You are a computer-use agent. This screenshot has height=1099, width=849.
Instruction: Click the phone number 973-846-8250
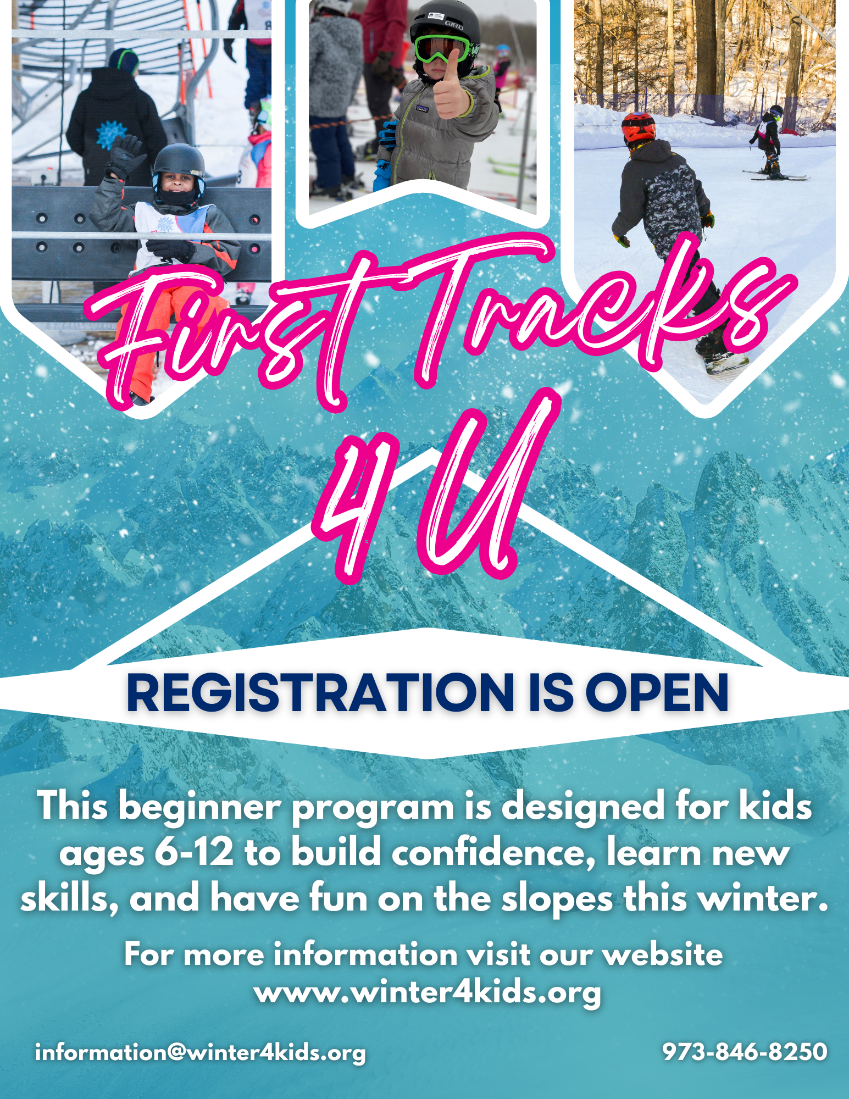(745, 1052)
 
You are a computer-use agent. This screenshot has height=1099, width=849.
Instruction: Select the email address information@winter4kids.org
(200, 1053)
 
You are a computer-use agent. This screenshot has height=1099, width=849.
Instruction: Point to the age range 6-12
(194, 852)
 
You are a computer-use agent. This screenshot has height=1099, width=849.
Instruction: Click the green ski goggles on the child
(442, 48)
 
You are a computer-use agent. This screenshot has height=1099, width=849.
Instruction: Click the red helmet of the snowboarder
(639, 128)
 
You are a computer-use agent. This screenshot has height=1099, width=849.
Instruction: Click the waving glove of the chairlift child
(125, 156)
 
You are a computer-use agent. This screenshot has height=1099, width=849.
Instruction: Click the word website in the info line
(663, 954)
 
